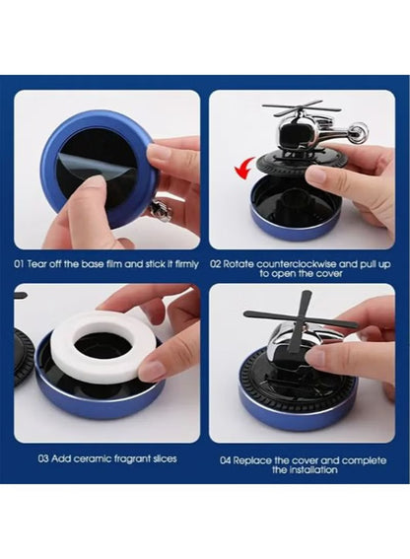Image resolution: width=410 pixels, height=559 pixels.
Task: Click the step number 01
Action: pyautogui.click(x=20, y=263)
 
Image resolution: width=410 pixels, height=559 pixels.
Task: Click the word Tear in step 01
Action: pyautogui.click(x=38, y=263)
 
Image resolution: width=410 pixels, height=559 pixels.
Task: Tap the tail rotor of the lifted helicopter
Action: pyautogui.click(x=356, y=130)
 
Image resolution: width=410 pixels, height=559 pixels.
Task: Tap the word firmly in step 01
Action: pyautogui.click(x=182, y=263)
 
